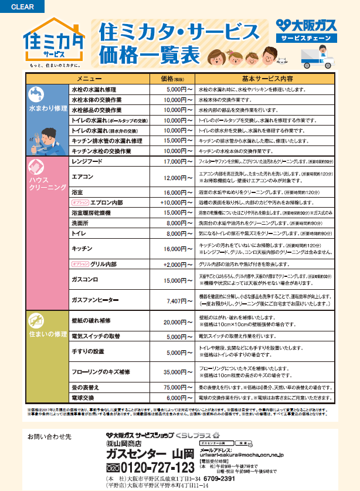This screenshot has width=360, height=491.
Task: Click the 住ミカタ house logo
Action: [x=53, y=42]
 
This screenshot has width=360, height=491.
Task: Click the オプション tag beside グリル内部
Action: [x=80, y=265]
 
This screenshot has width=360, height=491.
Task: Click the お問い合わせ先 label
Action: [x=49, y=438]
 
